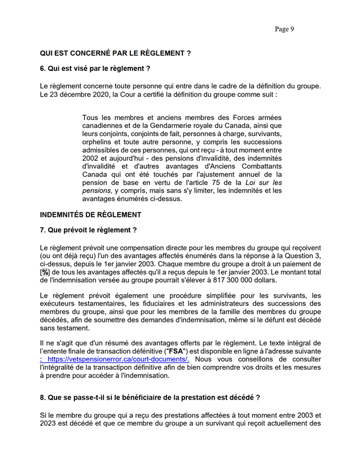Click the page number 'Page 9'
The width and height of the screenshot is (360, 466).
coord(284,29)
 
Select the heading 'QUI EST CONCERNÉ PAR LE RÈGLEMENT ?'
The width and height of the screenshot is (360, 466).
coord(115,53)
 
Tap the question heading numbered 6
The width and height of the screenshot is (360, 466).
coord(95,69)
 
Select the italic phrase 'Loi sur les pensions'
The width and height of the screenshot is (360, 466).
coord(257,187)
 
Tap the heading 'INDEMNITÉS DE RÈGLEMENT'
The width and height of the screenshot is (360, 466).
coord(91,215)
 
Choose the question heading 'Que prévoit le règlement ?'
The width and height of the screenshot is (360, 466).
coord(93,231)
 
